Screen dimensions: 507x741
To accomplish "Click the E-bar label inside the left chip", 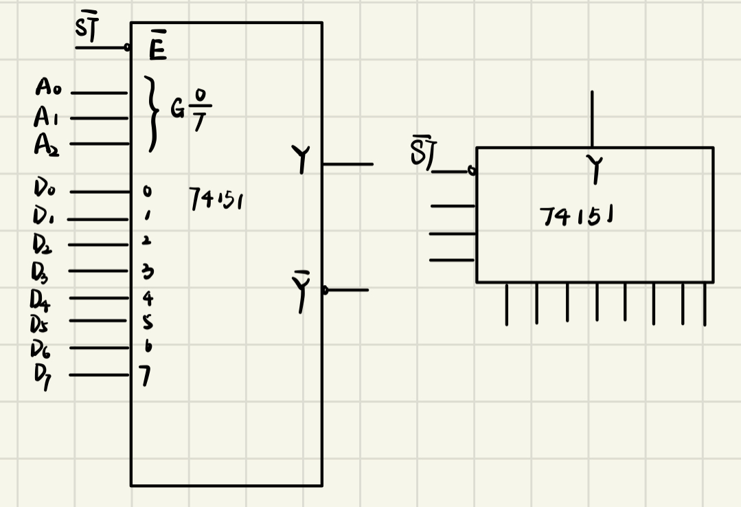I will pos(157,49).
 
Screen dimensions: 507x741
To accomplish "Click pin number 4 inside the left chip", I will pos(147,298).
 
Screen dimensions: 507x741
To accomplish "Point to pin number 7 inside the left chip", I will pos(146,376).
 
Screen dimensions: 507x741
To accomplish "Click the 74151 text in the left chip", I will pos(216,201).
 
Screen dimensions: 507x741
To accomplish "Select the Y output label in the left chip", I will pos(300,161).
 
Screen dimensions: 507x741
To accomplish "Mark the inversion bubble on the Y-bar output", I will pos(326,291).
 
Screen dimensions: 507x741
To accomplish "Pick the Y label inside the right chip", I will pos(595,169).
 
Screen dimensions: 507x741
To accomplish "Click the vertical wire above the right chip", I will pos(591,118).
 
